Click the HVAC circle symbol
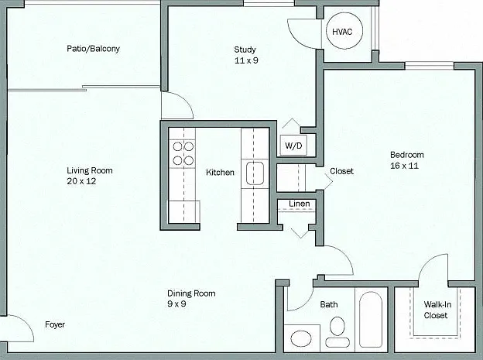point(344,13)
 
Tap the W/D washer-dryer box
point(293,145)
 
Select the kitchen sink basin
point(255,173)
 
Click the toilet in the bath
point(337,331)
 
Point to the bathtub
point(371,320)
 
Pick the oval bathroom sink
point(301,338)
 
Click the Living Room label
point(90,170)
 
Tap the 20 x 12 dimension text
point(81,181)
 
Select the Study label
point(245,50)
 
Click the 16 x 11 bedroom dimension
point(405,166)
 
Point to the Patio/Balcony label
point(93,49)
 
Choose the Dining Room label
point(191,293)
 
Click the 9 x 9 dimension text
point(176,304)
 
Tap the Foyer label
point(55,324)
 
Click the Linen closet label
point(300,204)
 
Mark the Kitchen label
point(220,173)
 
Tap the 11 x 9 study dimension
point(246,60)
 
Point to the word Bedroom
point(407,155)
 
